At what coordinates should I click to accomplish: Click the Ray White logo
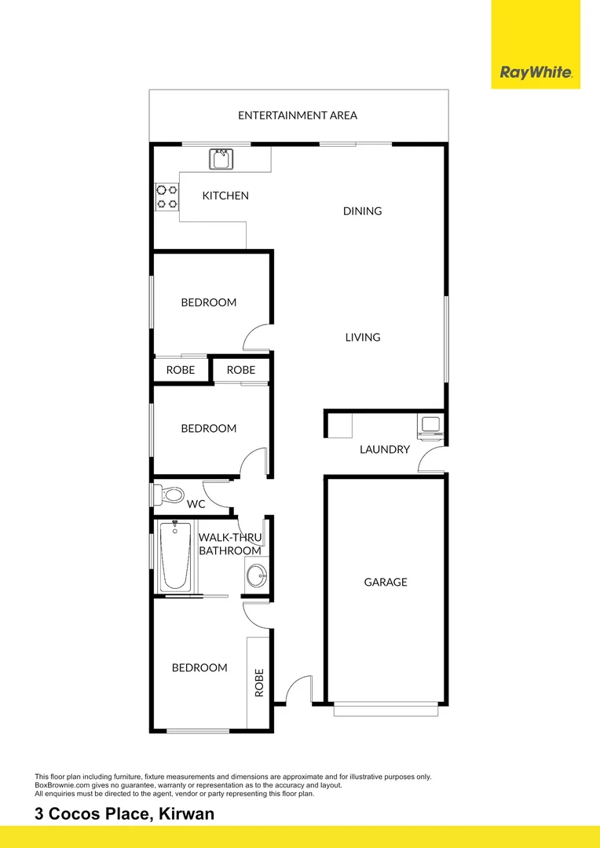536,73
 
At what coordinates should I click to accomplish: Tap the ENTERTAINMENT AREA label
298,115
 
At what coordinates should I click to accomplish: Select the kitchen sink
221,159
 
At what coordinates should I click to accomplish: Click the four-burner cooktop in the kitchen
166,196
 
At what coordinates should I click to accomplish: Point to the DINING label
362,211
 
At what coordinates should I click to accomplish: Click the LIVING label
362,338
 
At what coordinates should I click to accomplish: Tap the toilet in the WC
169,495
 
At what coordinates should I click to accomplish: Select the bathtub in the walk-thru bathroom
174,557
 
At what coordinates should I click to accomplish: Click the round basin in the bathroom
255,575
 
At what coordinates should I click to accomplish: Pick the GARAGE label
386,583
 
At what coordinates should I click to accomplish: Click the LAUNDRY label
385,450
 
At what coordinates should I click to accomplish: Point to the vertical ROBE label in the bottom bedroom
259,682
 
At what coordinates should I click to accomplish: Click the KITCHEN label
225,196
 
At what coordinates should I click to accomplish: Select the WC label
196,504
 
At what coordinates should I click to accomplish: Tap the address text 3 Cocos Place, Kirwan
124,814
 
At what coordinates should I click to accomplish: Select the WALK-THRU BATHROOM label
229,544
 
